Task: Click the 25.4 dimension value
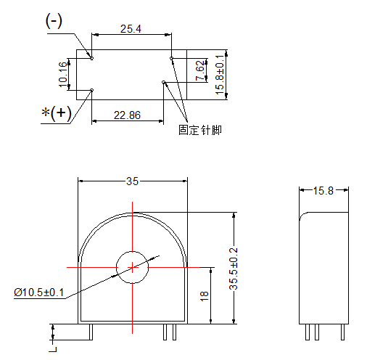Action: [131, 29]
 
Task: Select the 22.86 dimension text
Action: [127, 115]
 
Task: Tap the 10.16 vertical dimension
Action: [63, 74]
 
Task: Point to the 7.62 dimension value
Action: [200, 70]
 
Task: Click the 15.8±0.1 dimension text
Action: [220, 75]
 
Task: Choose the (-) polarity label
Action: [54, 21]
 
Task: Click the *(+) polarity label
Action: [57, 113]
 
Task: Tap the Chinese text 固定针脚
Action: [200, 130]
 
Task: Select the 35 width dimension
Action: [132, 181]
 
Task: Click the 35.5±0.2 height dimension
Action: [234, 269]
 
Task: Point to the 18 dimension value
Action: [205, 296]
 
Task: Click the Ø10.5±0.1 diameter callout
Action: [38, 292]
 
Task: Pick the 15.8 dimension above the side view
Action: [323, 191]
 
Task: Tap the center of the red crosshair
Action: [132, 267]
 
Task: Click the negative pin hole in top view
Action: [91, 58]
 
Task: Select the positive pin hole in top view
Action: [91, 90]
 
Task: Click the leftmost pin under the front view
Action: [91, 332]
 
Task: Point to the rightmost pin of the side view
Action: [342, 332]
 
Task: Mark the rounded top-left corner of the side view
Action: [302, 215]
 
